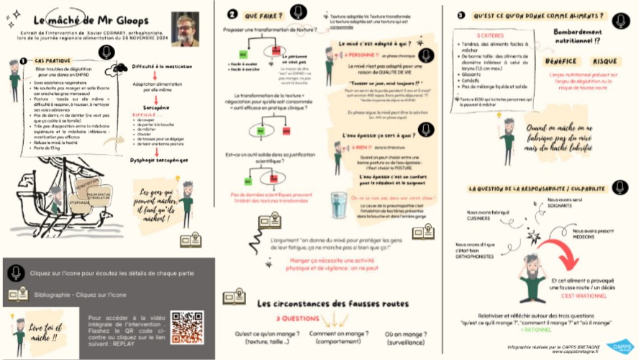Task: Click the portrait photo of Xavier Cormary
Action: tap(185, 29)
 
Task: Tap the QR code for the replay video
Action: tap(186, 327)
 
